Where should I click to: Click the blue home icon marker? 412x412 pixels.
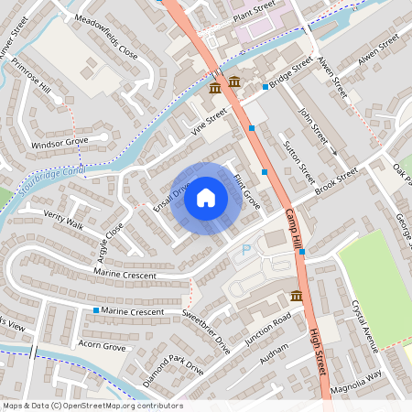click(x=206, y=198)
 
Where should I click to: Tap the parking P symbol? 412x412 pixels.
click(x=244, y=250)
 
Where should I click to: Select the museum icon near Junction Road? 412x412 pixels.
click(x=297, y=296)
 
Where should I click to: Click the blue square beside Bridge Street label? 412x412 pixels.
click(x=266, y=87)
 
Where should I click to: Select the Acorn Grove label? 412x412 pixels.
click(x=102, y=347)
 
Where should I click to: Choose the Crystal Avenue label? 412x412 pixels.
click(x=363, y=325)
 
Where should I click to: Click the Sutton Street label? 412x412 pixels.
click(x=298, y=161)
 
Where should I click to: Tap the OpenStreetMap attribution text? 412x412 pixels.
click(x=92, y=406)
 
